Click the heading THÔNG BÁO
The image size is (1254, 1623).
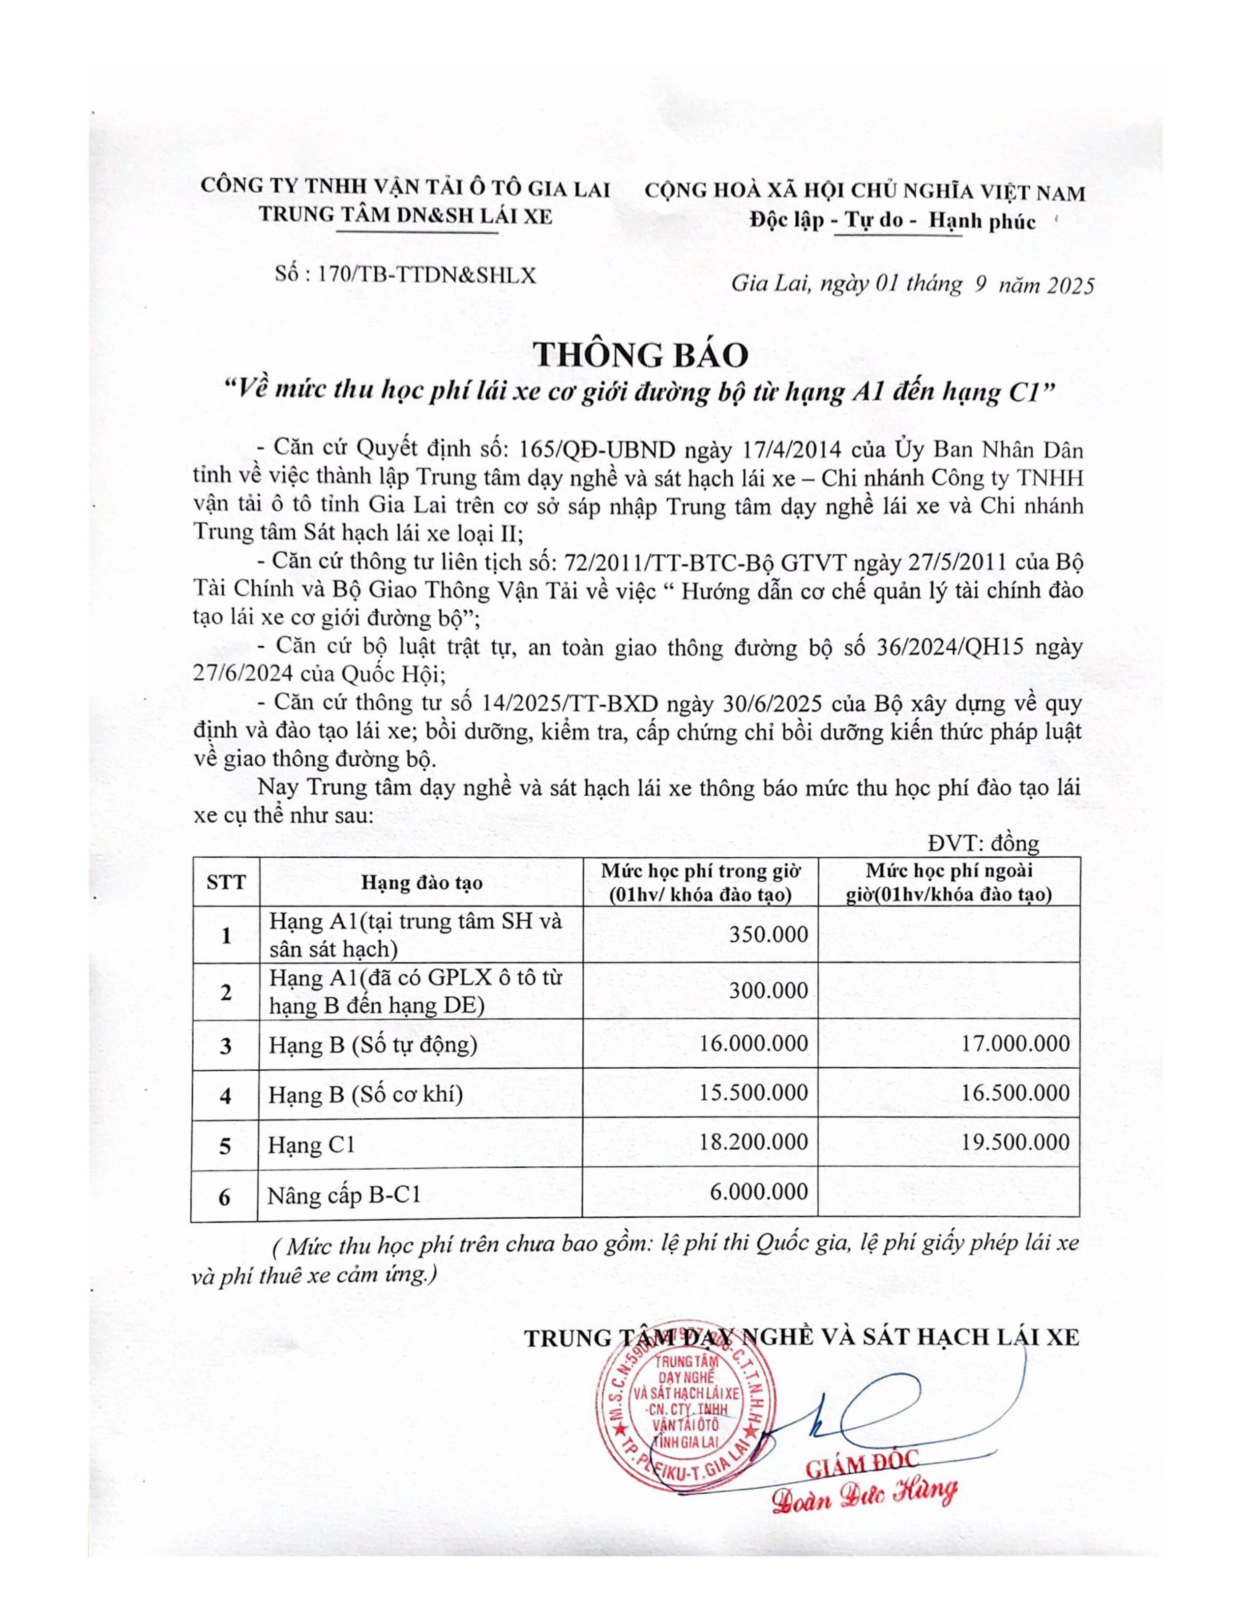point(641,355)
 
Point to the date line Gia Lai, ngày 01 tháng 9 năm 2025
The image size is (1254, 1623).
point(912,285)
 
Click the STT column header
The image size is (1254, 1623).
point(226,882)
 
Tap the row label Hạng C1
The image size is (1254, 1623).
point(312,1145)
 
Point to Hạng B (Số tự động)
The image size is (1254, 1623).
point(372,1045)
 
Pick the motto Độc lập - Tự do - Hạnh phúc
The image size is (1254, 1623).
point(892,221)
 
